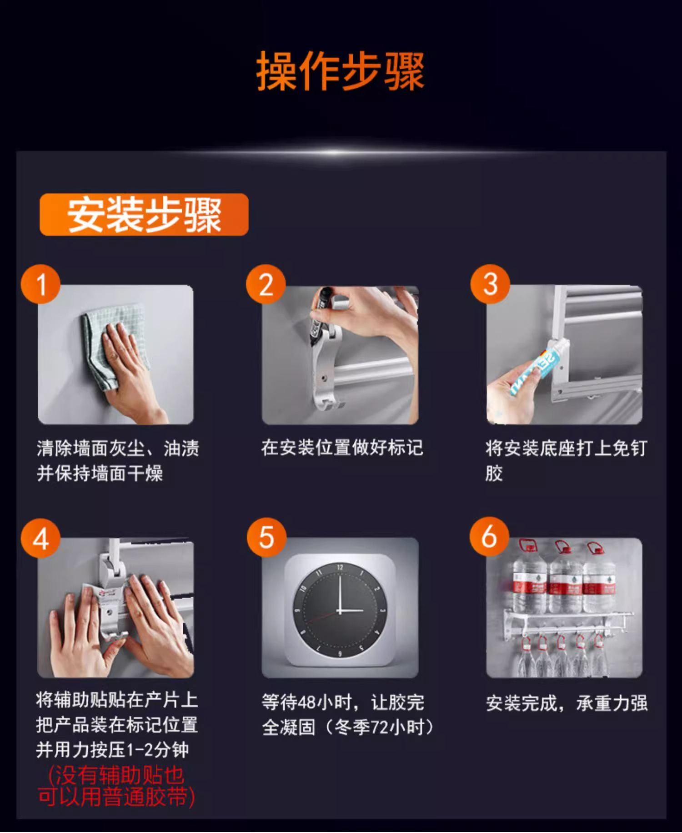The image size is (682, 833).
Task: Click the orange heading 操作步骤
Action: (x=341, y=71)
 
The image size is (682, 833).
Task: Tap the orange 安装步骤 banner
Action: (x=144, y=214)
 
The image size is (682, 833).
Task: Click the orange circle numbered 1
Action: (x=41, y=284)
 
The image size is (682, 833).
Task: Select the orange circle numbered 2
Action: (x=266, y=284)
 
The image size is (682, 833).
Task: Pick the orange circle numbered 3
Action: (x=490, y=284)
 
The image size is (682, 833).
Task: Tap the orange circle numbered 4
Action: (x=41, y=538)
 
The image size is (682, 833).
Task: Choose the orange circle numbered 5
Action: (x=266, y=537)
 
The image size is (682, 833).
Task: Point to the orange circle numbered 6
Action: (x=489, y=536)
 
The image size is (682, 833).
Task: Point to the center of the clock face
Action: (x=340, y=610)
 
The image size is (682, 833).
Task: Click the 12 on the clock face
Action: (x=340, y=567)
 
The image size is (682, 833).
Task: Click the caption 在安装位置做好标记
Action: (x=342, y=448)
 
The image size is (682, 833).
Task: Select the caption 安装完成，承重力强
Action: (x=567, y=703)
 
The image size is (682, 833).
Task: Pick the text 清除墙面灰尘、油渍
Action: (x=118, y=449)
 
